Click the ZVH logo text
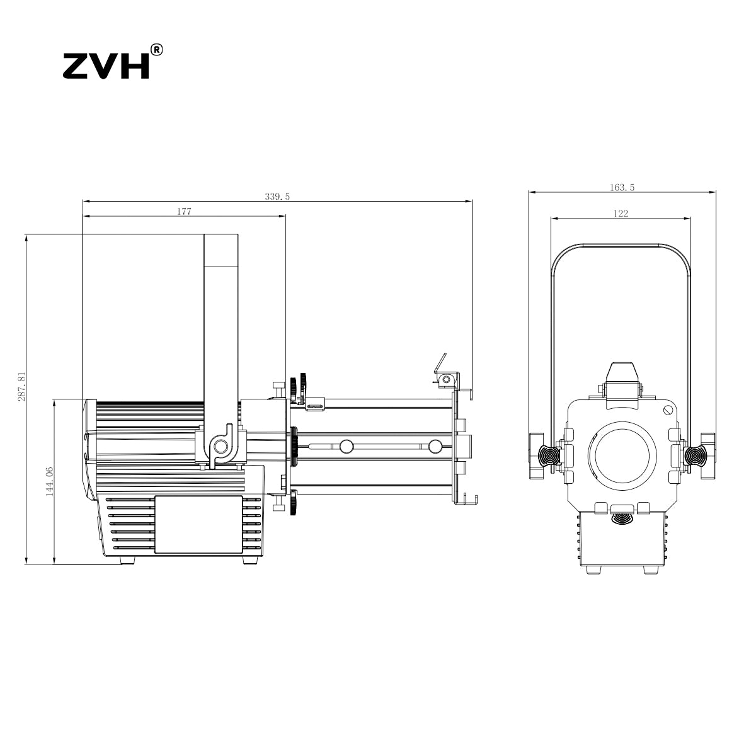(x=106, y=66)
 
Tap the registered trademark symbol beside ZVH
(x=156, y=50)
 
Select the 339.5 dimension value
(x=277, y=197)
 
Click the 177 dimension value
(x=184, y=212)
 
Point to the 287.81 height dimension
(x=22, y=386)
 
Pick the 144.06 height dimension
(x=50, y=482)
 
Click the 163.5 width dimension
(x=622, y=188)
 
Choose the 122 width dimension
(x=621, y=214)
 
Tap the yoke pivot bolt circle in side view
(x=221, y=446)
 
